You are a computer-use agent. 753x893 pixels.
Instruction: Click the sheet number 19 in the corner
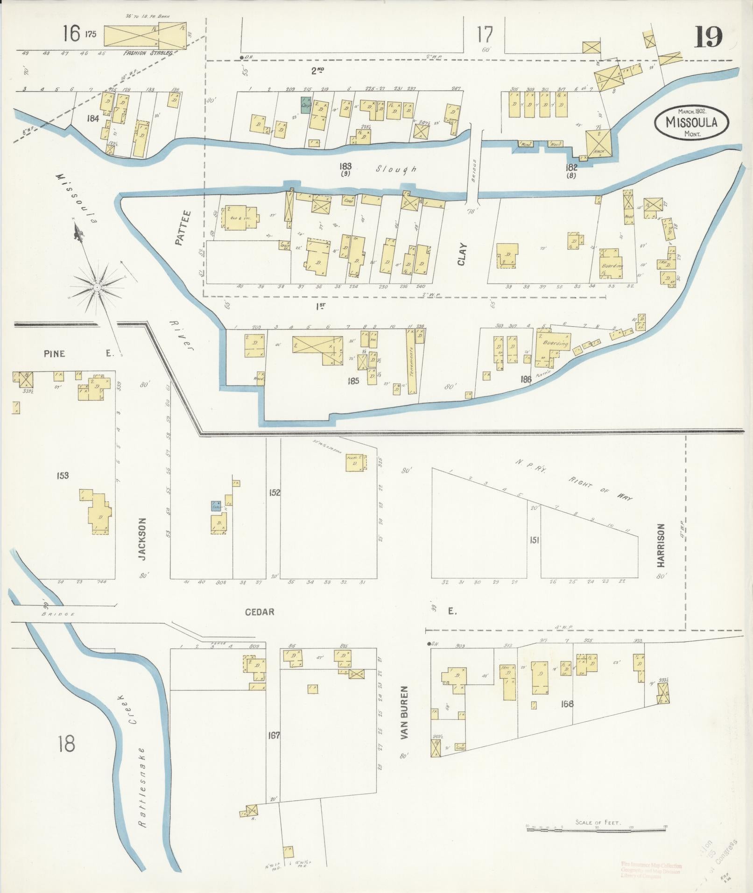point(708,37)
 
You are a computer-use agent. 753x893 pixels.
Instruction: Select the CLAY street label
point(462,254)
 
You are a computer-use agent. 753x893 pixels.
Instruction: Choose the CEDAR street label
point(260,612)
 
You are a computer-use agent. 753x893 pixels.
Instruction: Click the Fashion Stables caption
point(148,53)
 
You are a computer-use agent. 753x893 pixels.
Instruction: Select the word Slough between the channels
point(396,169)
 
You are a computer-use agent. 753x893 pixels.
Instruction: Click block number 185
point(353,381)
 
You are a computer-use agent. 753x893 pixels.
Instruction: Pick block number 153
point(63,475)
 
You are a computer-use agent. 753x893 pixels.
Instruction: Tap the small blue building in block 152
point(216,506)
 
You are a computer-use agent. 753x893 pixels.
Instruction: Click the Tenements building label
point(411,362)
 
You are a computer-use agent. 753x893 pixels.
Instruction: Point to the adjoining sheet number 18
point(66,743)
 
